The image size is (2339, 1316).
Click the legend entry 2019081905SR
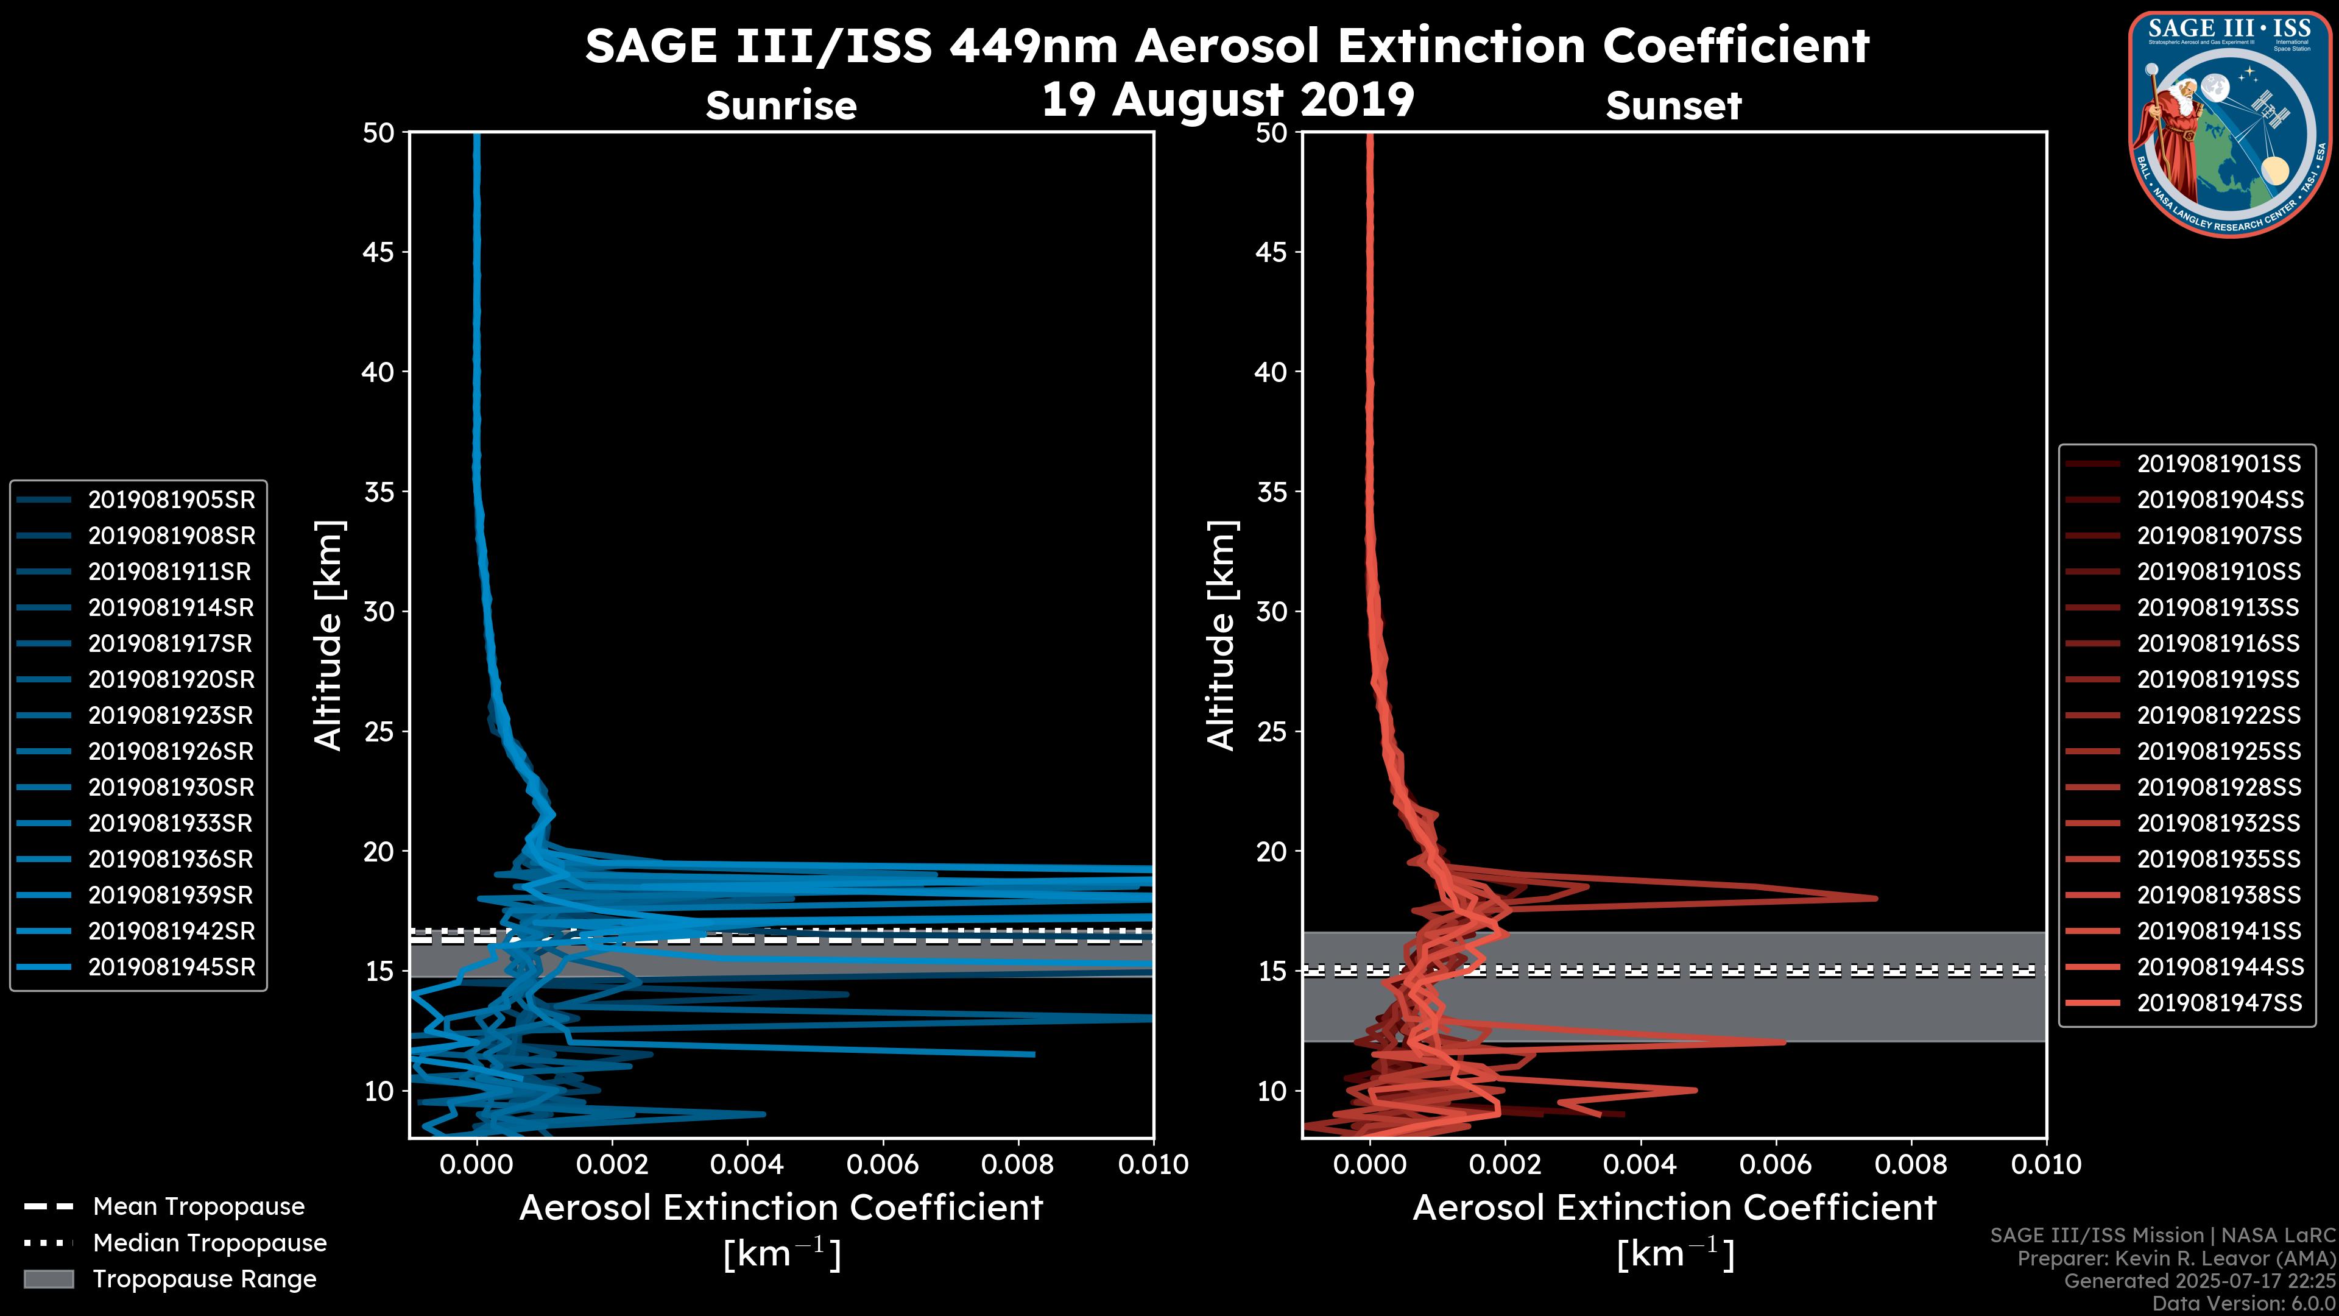pyautogui.click(x=171, y=500)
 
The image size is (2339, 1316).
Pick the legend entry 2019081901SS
pyautogui.click(x=2218, y=464)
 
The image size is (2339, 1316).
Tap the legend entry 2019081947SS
pyautogui.click(x=2218, y=1003)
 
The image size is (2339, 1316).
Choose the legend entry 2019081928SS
pyautogui.click(x=2218, y=787)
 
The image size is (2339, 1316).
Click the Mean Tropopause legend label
pyautogui.click(x=199, y=1206)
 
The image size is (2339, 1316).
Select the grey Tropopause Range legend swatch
pyautogui.click(x=48, y=1279)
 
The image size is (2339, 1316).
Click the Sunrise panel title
pyautogui.click(x=781, y=105)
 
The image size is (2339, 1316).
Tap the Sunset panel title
pyautogui.click(x=1673, y=105)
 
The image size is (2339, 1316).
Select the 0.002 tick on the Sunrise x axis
pyautogui.click(x=611, y=1164)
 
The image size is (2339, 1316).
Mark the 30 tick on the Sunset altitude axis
pyautogui.click(x=1272, y=611)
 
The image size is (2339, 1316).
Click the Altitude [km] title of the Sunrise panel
pyautogui.click(x=328, y=635)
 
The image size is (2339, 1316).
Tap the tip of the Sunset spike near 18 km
pyautogui.click(x=1876, y=898)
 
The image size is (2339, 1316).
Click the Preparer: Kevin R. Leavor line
pyautogui.click(x=2176, y=1258)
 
